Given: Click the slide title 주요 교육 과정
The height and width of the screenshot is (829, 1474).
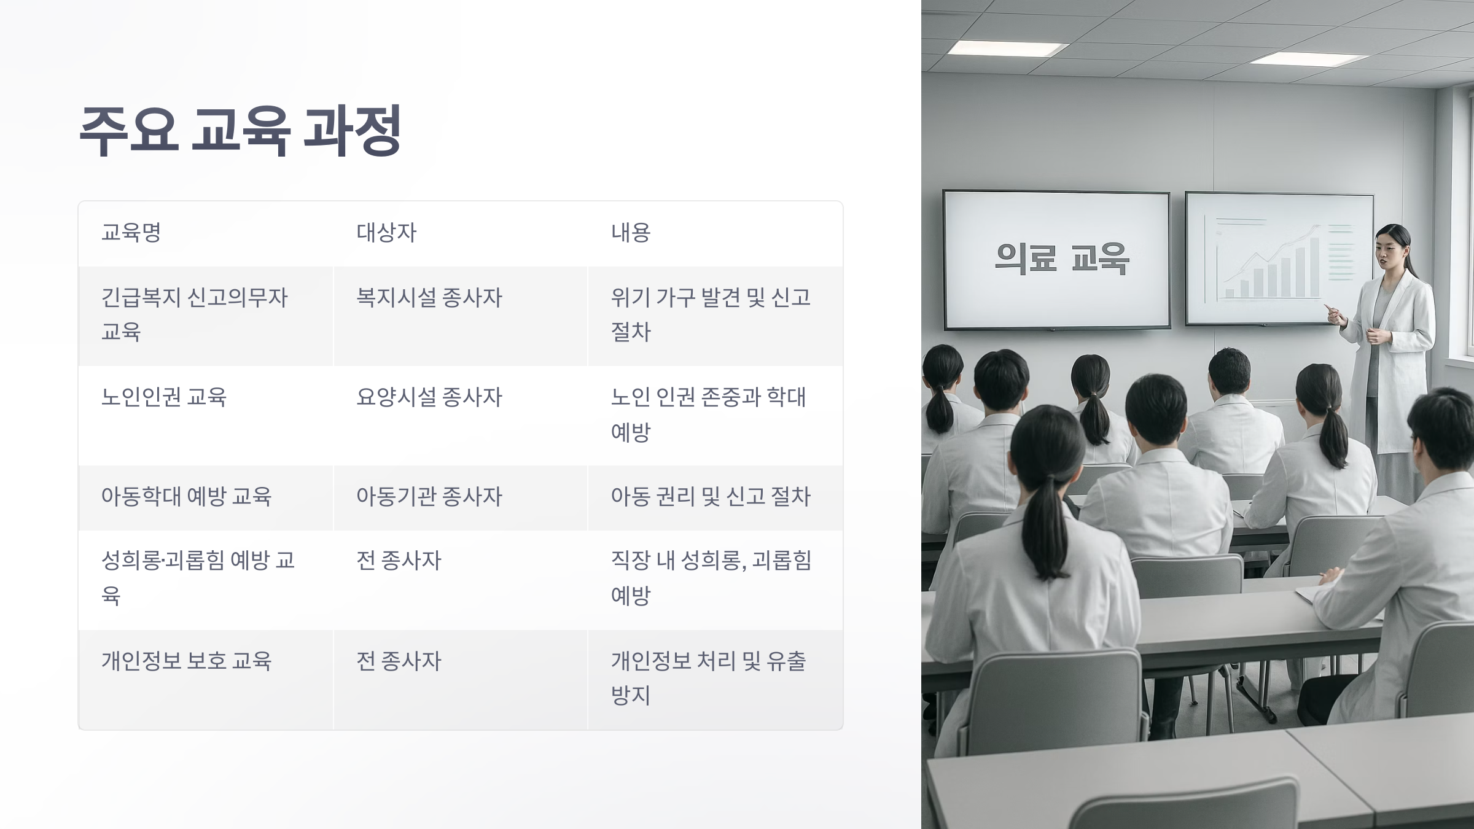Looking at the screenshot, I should coord(240,130).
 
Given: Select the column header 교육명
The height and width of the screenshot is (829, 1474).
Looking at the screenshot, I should coord(131,233).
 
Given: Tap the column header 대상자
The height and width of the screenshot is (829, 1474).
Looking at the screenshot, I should coord(386,233).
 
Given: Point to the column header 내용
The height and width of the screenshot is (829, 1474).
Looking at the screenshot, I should coord(630,233).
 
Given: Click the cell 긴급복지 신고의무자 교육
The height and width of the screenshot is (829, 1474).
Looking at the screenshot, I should coord(194,314).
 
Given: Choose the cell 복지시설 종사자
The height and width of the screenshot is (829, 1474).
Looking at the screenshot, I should coord(429,298).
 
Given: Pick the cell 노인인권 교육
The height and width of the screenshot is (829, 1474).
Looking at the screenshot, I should coord(164,397).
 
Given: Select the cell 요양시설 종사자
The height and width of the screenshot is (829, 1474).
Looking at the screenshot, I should coord(429,397).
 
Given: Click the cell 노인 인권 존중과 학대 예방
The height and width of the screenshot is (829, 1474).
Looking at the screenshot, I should coord(708,414).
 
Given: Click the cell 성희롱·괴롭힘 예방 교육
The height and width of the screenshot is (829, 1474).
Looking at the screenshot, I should coord(198,577).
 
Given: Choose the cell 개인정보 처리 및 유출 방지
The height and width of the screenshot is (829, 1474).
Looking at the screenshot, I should coord(708,678).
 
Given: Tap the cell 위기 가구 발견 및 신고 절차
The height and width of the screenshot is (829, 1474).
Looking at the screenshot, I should coord(711,314).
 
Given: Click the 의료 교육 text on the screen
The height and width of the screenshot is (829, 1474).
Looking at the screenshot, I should coord(1062,258).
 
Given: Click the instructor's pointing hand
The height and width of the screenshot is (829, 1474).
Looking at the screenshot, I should coord(1333,314).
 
